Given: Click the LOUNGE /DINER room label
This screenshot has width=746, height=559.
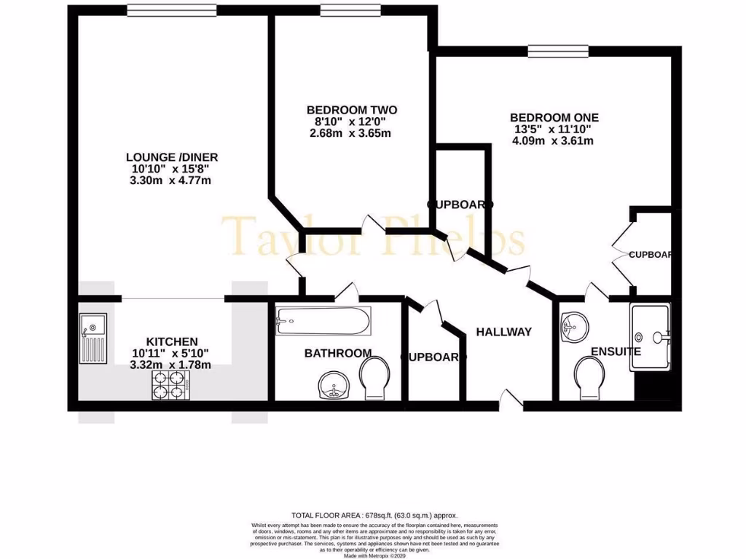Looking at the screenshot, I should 172,156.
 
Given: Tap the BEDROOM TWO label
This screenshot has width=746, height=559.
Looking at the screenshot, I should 352,110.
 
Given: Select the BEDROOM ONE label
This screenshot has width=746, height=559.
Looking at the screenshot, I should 554,117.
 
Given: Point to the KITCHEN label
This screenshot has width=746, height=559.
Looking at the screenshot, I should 172,341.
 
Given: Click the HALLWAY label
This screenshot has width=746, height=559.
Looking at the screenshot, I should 503,332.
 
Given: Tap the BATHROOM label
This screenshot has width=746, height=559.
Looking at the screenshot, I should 337,353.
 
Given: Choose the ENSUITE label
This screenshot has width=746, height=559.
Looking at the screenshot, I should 616,352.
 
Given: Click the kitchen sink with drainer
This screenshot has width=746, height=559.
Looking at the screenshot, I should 93,338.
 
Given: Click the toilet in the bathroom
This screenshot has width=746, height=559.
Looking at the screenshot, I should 377,378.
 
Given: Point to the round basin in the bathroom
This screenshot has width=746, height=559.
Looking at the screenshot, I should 334,385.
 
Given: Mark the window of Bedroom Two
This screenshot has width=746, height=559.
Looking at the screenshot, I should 345,9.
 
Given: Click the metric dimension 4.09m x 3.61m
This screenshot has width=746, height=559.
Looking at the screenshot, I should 552,140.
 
